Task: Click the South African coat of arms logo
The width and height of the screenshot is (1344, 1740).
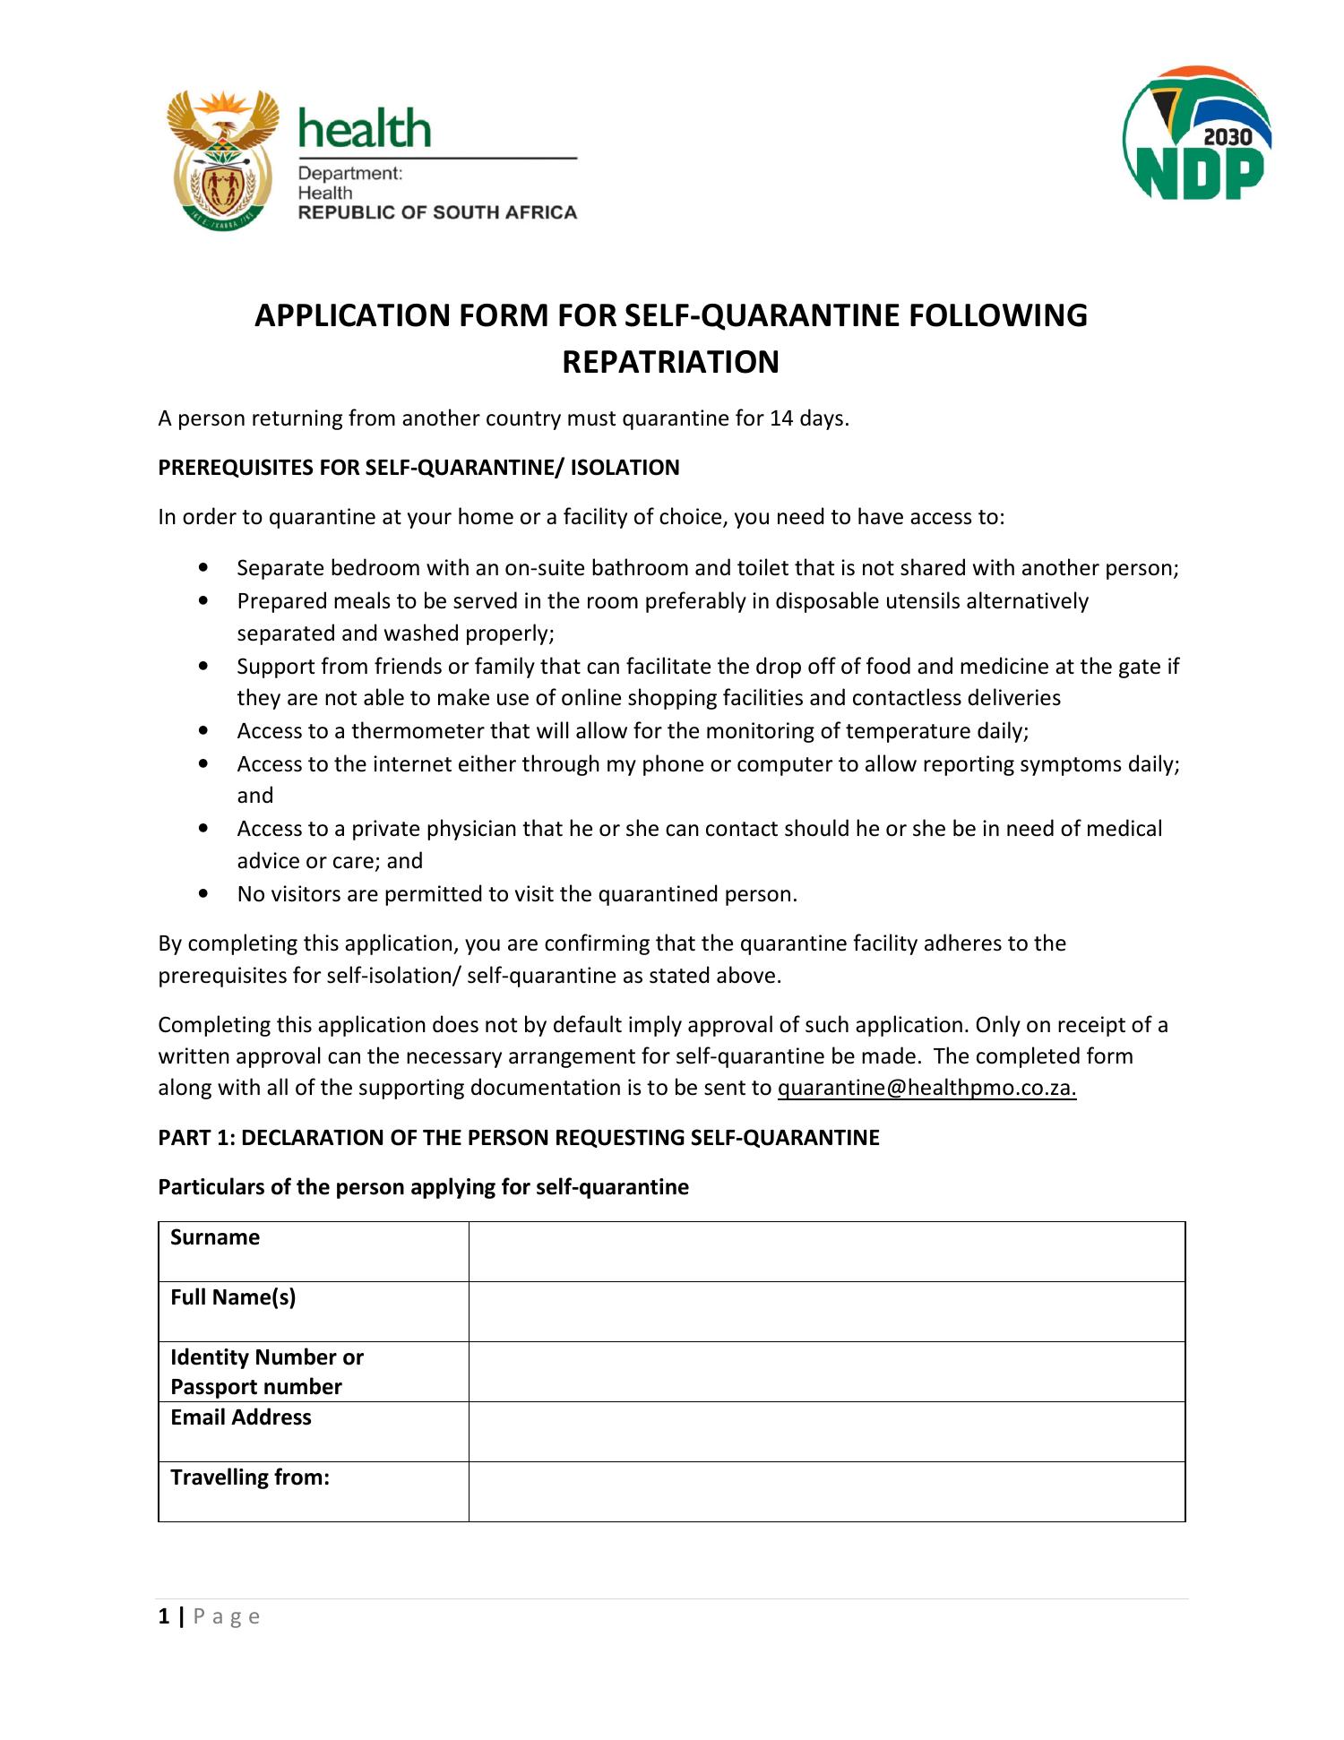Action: coord(223,161)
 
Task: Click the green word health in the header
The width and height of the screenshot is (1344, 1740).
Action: coord(364,129)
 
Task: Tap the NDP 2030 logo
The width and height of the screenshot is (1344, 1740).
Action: coord(1196,134)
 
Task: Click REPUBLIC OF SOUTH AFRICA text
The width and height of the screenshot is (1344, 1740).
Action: coord(437,213)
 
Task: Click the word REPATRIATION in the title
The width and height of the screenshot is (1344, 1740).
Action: coord(670,362)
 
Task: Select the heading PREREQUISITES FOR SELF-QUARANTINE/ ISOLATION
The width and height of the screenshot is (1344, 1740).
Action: coord(418,468)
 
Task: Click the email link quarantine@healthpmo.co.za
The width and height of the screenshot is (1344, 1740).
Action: coord(926,1088)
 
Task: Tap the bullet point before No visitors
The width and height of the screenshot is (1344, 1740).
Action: coord(207,894)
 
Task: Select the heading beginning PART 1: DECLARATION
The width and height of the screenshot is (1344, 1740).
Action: coord(519,1138)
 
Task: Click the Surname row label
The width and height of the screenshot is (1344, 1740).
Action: coord(215,1238)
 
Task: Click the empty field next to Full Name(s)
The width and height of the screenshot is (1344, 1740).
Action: coord(826,1312)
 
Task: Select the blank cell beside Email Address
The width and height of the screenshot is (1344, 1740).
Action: coord(826,1432)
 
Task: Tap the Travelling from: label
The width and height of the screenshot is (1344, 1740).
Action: coord(250,1477)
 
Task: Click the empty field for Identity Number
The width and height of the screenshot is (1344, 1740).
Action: coord(826,1372)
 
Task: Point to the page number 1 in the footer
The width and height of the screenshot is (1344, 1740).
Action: coord(163,1616)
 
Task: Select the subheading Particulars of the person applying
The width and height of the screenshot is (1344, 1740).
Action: coord(423,1187)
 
